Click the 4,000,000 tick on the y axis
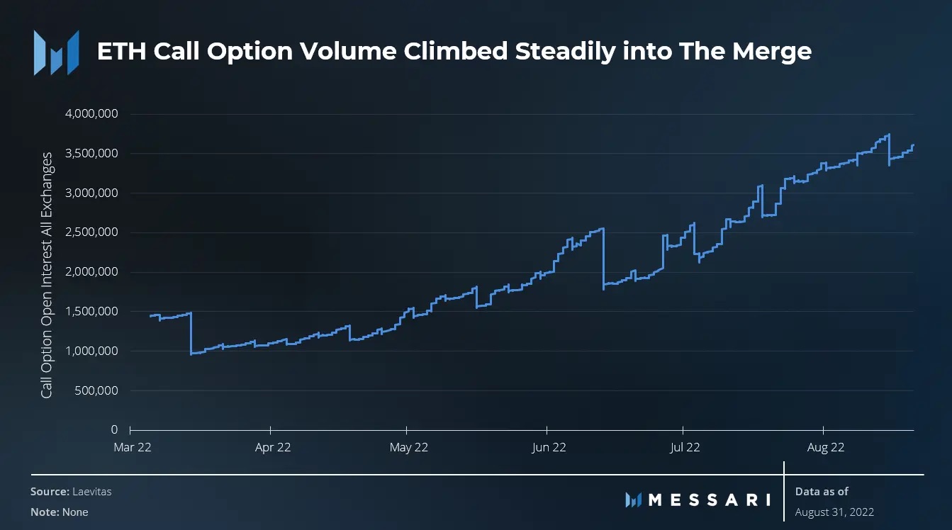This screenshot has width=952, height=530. point(91,114)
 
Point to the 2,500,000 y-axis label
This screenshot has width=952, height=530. point(91,232)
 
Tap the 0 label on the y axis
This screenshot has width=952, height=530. point(113,430)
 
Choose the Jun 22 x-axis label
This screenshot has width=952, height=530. point(549,447)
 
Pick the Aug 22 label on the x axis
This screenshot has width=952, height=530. point(826,447)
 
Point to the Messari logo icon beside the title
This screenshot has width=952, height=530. point(56,52)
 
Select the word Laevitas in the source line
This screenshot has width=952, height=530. point(91,492)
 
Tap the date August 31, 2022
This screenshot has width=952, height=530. point(834,512)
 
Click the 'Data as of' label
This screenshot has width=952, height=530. point(822,491)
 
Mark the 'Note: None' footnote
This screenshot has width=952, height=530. point(60,512)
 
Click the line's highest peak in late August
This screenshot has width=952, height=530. point(889,135)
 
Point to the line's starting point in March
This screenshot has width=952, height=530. point(150,315)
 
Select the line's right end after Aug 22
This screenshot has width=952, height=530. point(914,145)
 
